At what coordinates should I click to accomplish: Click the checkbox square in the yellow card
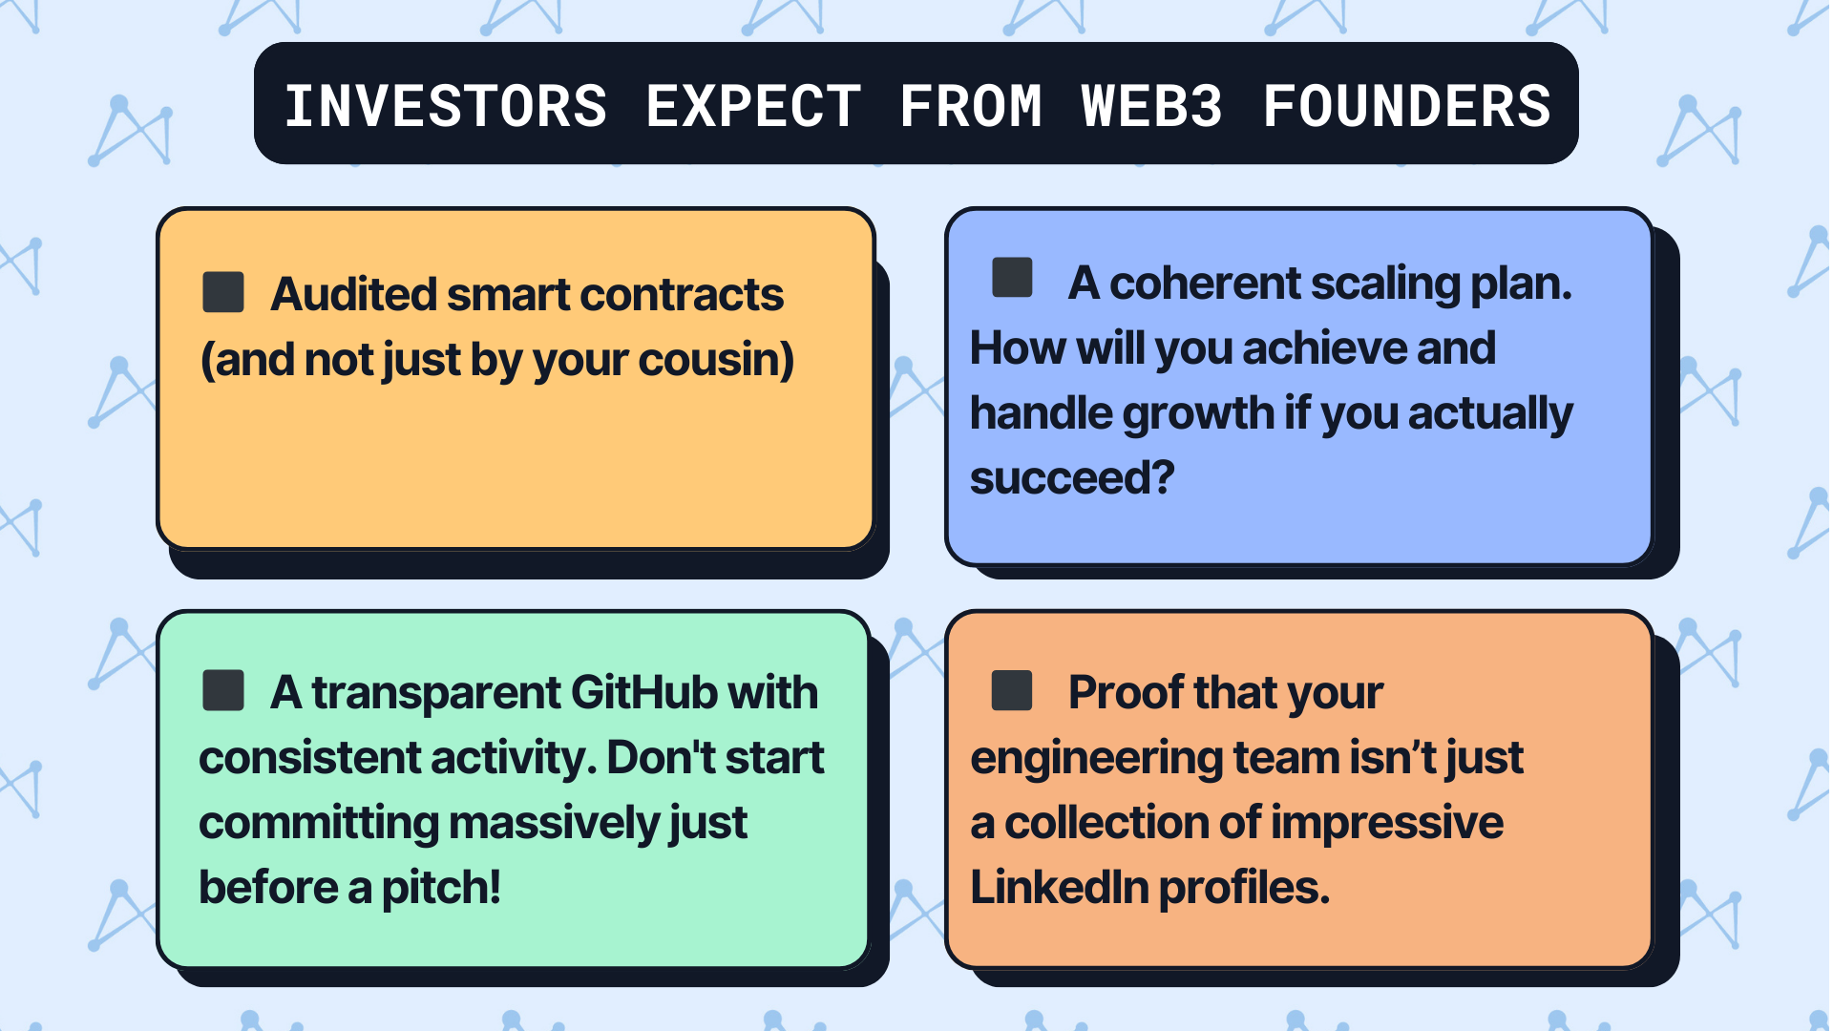223,292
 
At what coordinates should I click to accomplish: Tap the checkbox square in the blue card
1012,278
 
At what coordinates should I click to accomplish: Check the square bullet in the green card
223,690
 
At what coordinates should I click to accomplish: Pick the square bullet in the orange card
1012,690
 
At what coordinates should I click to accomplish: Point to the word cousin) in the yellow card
716,360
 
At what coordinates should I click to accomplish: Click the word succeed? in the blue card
1072,478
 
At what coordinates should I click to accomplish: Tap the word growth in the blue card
1198,413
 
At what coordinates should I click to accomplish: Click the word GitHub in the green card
644,693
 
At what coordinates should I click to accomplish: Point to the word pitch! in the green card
441,888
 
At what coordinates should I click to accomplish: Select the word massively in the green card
554,823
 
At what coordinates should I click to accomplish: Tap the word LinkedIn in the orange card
1059,888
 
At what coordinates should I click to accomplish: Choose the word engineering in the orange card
1097,759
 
